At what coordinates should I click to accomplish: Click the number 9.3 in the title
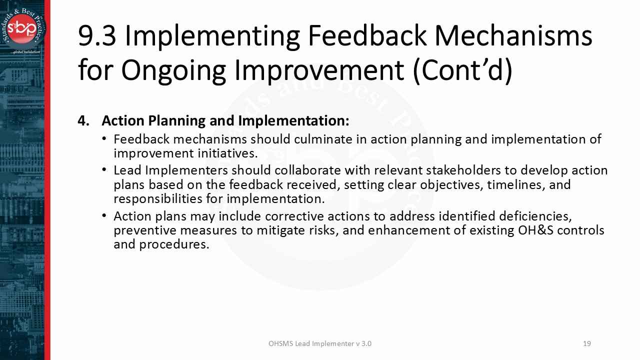tap(97, 36)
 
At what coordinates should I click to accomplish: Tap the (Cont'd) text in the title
tap(462, 70)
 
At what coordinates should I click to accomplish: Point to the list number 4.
tap(83, 121)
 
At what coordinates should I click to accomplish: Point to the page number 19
tap(587, 343)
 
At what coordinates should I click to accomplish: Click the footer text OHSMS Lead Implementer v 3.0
tap(320, 343)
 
